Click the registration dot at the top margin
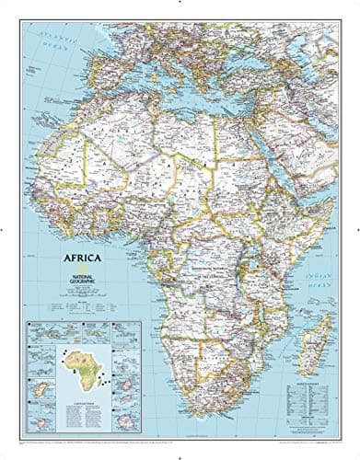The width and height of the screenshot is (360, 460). click(x=180, y=4)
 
